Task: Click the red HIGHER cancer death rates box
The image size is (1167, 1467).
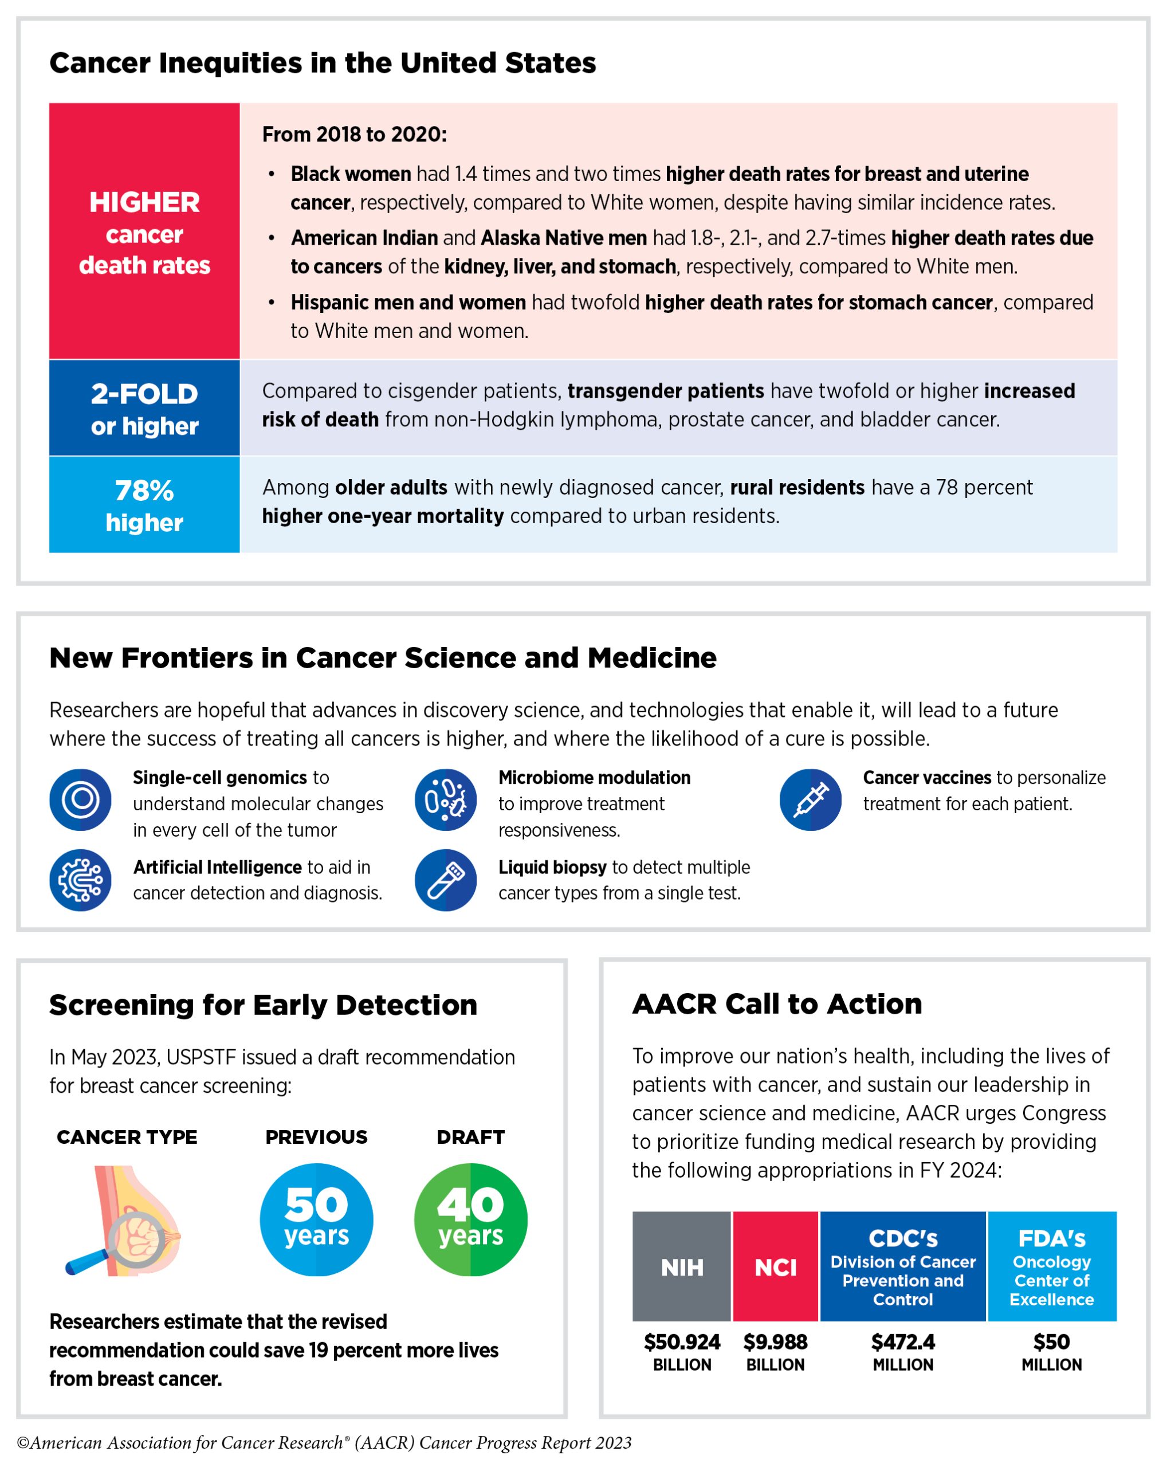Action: click(144, 231)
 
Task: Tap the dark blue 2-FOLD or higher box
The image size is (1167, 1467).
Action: click(144, 407)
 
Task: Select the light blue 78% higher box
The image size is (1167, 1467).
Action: click(144, 504)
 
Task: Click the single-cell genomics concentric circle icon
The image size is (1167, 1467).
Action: click(80, 799)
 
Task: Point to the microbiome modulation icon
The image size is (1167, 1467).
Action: click(446, 799)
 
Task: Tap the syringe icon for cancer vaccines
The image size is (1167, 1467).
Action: click(810, 799)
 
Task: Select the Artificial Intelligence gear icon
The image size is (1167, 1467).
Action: click(80, 880)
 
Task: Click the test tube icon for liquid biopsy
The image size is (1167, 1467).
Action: click(446, 880)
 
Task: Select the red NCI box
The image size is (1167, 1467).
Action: click(775, 1266)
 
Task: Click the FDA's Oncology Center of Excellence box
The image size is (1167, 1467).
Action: click(1051, 1266)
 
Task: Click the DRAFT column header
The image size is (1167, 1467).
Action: click(470, 1137)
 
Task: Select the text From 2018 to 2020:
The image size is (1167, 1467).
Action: click(354, 134)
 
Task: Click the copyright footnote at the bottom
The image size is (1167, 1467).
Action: click(324, 1442)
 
